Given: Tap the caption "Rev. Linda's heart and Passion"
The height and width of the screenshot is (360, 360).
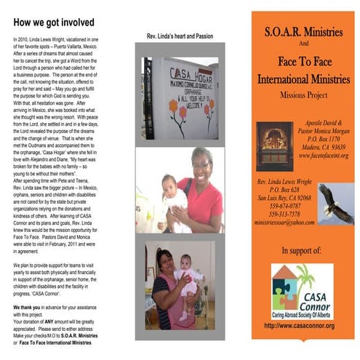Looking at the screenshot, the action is coord(179,36).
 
